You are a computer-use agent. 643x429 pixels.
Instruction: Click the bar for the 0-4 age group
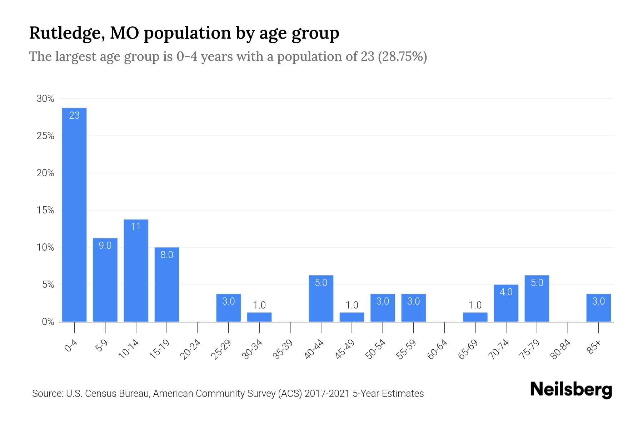74,214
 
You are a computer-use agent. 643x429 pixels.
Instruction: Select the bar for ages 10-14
136,271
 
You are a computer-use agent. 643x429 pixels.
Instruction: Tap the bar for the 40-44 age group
321,299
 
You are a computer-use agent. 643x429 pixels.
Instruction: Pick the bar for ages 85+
598,308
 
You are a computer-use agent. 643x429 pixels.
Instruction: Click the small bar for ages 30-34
259,317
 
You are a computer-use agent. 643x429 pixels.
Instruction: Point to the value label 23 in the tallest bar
74,115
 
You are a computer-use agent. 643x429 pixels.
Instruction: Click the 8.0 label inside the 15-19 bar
167,255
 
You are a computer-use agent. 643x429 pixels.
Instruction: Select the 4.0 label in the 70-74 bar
506,292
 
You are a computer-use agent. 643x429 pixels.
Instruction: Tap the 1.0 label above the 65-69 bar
475,305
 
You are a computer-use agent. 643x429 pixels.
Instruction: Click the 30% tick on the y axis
45,99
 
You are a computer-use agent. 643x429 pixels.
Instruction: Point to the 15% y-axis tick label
45,211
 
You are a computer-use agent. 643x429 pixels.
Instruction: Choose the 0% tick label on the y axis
48,322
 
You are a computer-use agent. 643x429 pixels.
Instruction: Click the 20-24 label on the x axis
190,349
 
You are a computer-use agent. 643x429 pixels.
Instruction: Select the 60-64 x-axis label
437,349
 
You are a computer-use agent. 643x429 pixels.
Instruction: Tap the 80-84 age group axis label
560,349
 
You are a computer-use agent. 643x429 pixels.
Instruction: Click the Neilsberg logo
571,390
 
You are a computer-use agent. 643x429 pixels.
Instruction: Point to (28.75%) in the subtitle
402,57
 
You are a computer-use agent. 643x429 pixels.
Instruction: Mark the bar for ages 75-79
537,299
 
